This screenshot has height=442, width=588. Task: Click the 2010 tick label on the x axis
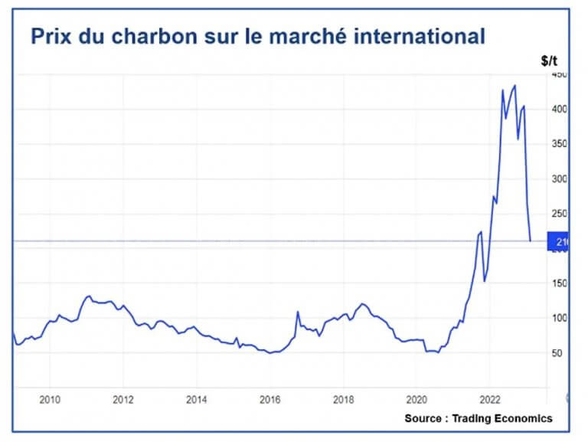click(x=49, y=398)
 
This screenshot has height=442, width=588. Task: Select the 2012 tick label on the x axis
click(x=123, y=398)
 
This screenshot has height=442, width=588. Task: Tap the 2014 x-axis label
click(x=197, y=398)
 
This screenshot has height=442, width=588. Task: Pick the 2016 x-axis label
click(x=269, y=398)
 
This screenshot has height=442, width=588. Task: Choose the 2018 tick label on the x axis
click(x=343, y=398)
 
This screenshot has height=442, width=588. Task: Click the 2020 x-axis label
click(x=416, y=398)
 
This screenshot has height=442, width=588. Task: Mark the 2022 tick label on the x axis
click(x=490, y=398)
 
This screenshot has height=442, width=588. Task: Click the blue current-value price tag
click(x=559, y=241)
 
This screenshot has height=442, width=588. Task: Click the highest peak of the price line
click(x=514, y=85)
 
